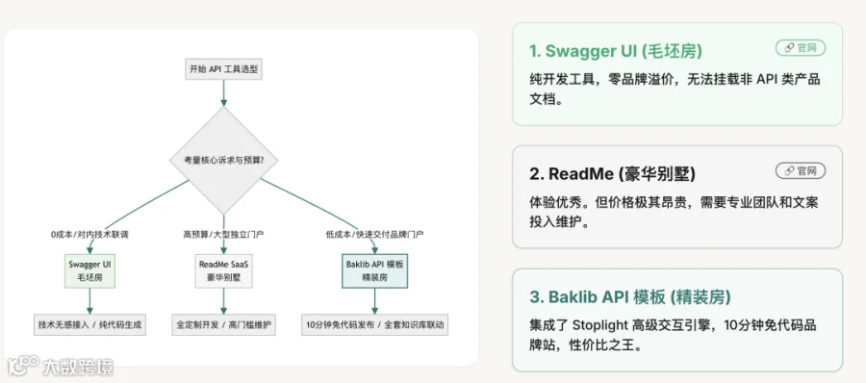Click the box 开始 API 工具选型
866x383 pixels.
point(223,69)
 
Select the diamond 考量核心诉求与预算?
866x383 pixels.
point(223,161)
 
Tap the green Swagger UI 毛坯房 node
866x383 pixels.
point(89,270)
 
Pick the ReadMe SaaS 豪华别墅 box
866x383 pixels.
point(223,270)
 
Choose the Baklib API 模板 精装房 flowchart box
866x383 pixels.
point(375,270)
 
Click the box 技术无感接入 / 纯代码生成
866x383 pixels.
point(89,324)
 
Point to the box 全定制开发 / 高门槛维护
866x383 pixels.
point(223,324)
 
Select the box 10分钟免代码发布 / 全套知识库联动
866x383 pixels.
point(375,324)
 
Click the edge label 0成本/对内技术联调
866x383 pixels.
point(89,235)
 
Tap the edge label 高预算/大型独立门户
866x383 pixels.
point(223,235)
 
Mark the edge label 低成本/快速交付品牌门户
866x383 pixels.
point(375,235)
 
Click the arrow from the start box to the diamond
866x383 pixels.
point(223,92)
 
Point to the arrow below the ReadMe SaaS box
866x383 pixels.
point(223,301)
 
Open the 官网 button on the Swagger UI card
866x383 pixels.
point(801,48)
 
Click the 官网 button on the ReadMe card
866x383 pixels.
point(801,171)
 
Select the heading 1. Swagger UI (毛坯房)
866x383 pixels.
point(615,51)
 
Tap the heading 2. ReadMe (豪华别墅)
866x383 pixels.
point(612,174)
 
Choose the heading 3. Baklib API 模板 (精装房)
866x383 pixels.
point(630,297)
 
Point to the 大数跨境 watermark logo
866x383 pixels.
point(61,367)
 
